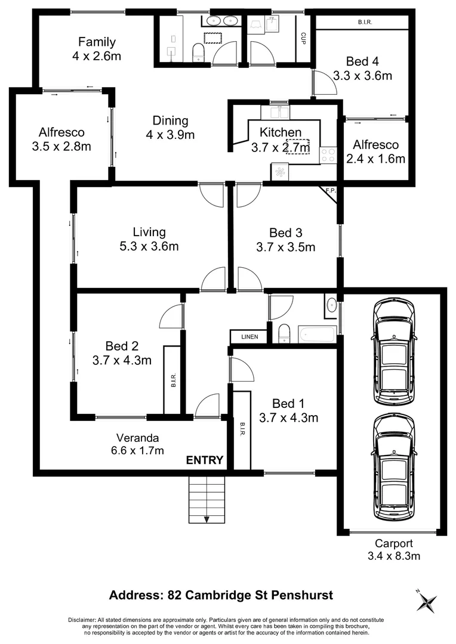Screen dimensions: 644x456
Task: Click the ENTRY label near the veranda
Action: [x=205, y=460]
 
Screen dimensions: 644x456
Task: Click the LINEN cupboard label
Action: [x=249, y=337]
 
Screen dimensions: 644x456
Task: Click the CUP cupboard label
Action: [x=303, y=39]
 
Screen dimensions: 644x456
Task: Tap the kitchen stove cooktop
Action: [x=328, y=155]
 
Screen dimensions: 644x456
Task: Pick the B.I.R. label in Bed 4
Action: [x=365, y=22]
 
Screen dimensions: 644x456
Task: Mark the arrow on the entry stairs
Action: [x=207, y=519]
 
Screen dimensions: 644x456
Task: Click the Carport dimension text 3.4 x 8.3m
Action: [x=393, y=556]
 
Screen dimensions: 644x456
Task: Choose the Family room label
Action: [x=97, y=42]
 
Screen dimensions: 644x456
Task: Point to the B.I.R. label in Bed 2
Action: [x=172, y=380]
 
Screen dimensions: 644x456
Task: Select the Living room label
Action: [x=149, y=232]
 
